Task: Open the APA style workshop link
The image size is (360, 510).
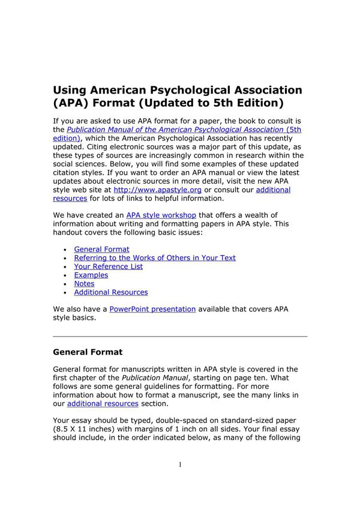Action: (161, 215)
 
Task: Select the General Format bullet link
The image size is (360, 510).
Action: (101, 249)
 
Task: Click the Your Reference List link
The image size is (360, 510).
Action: (108, 266)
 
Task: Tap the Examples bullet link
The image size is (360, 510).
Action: (91, 275)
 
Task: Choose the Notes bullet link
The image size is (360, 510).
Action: (84, 284)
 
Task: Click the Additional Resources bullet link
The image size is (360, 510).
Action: (110, 292)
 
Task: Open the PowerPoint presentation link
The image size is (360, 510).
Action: (152, 309)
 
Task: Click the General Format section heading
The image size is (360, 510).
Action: (88, 352)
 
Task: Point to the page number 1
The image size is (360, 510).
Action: (180, 465)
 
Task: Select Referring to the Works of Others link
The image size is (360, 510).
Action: (154, 258)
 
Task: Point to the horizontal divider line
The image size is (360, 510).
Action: (180, 336)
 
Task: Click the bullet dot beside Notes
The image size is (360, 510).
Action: (65, 284)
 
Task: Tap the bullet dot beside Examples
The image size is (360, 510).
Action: (65, 275)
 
